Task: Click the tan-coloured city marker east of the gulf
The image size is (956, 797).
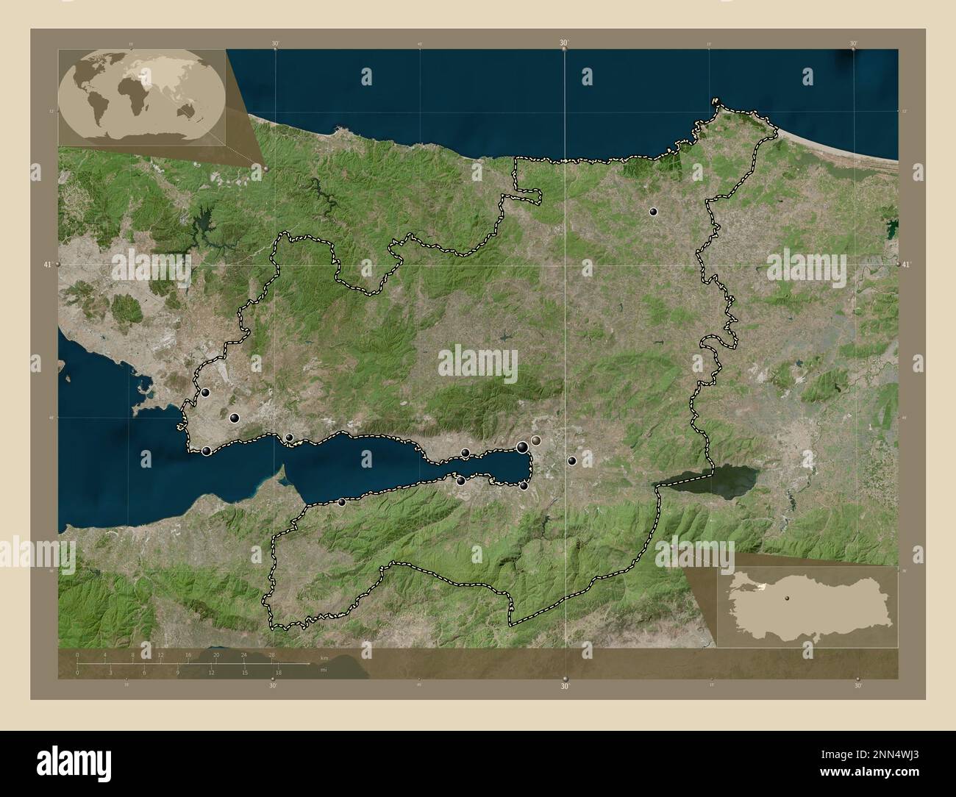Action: pyautogui.click(x=536, y=440)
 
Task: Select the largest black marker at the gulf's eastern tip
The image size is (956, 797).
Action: pyautogui.click(x=522, y=446)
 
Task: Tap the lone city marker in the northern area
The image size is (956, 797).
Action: pyautogui.click(x=652, y=212)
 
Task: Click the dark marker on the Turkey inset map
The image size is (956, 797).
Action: pyautogui.click(x=785, y=598)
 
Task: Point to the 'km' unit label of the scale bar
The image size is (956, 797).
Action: pyautogui.click(x=324, y=657)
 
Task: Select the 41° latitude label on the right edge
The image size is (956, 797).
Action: pyautogui.click(x=910, y=263)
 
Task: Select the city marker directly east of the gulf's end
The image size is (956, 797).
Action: pyautogui.click(x=571, y=461)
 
